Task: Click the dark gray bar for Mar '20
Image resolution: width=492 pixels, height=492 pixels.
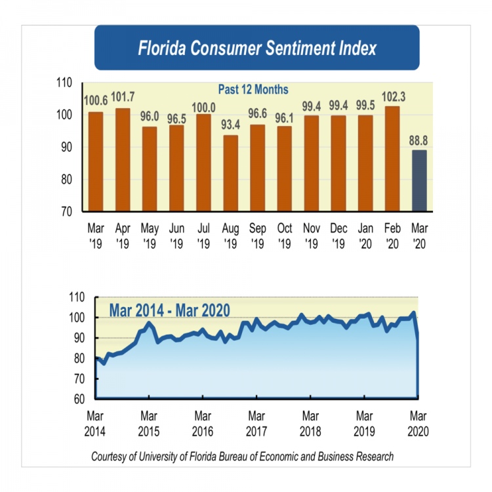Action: point(419,180)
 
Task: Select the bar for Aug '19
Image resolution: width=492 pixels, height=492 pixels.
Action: point(230,173)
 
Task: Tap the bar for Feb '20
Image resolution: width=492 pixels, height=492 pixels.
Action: point(392,159)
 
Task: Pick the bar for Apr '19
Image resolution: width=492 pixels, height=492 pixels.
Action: point(123,159)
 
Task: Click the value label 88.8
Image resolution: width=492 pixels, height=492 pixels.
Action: point(419,139)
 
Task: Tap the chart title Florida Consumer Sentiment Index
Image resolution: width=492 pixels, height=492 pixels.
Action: point(256,49)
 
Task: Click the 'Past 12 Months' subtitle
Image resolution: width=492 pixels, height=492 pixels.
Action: point(253,89)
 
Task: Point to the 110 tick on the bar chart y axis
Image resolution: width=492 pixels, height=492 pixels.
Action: point(63,83)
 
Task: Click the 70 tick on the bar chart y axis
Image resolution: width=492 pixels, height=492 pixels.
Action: point(66,211)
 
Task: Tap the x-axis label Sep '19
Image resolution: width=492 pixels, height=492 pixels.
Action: point(257,236)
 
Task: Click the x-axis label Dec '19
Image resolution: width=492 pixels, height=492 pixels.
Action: point(338,236)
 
